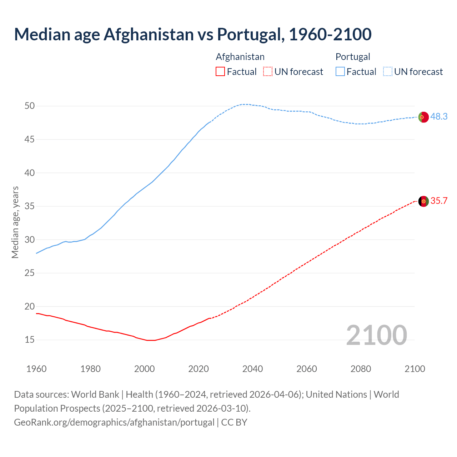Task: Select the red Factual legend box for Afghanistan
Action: click(220, 72)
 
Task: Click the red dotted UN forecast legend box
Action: click(268, 72)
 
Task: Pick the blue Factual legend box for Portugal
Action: click(340, 72)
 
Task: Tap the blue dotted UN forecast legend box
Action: click(388, 72)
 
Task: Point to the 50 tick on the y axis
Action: click(30, 106)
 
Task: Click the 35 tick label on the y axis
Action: click(30, 206)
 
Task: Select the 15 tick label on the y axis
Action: click(30, 340)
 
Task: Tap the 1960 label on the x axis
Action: click(36, 369)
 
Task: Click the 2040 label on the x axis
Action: click(252, 369)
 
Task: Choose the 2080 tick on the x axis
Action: click(361, 369)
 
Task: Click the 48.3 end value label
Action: click(439, 117)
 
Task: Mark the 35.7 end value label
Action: click(439, 201)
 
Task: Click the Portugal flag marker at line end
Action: click(423, 117)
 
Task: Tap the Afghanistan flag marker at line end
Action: click(423, 201)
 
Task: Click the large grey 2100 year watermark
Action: click(376, 335)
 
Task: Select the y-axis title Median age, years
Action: click(15, 222)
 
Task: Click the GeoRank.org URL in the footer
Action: click(114, 422)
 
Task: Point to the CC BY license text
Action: click(234, 422)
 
